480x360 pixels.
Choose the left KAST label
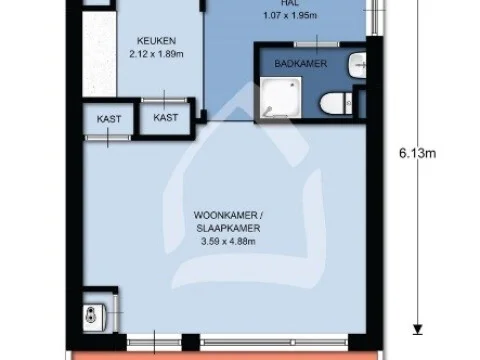(x=109, y=118)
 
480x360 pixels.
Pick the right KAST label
(x=166, y=117)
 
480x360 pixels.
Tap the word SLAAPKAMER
(x=229, y=229)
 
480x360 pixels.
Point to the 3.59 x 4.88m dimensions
(x=229, y=241)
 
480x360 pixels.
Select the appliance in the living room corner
(x=92, y=316)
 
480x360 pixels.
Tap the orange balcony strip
(x=230, y=353)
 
